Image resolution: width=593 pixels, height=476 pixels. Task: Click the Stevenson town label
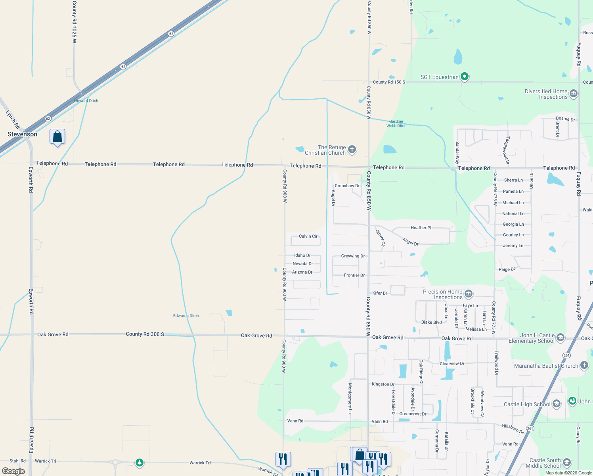[22, 134]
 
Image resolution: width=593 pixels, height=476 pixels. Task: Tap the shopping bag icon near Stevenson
[57, 137]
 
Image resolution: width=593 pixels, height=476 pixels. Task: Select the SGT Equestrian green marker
[465, 77]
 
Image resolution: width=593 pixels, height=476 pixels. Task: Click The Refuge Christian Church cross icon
[352, 150]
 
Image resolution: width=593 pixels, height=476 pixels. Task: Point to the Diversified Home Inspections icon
[573, 94]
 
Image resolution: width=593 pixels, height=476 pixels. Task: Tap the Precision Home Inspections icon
[468, 294]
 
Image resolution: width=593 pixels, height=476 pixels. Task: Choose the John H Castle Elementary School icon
[560, 338]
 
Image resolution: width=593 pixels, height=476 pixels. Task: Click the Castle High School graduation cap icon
[556, 404]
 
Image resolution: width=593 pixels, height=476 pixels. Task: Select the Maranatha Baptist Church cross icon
[584, 365]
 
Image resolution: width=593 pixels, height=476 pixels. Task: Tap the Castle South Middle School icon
[566, 463]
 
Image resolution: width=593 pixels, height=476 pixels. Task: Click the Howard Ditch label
[86, 101]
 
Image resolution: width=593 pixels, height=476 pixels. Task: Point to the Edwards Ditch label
[186, 316]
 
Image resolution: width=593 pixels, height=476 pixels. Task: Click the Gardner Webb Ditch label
[396, 124]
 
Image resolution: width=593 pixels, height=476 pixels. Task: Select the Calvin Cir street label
[308, 236]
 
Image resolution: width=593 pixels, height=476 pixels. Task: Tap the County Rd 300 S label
[145, 334]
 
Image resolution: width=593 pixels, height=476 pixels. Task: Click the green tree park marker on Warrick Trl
[139, 463]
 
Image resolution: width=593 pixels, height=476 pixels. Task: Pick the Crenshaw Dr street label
[347, 186]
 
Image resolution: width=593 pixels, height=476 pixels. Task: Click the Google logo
[13, 471]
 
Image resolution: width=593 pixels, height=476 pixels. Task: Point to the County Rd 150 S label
[389, 82]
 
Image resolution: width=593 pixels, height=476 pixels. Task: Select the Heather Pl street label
[421, 228]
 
